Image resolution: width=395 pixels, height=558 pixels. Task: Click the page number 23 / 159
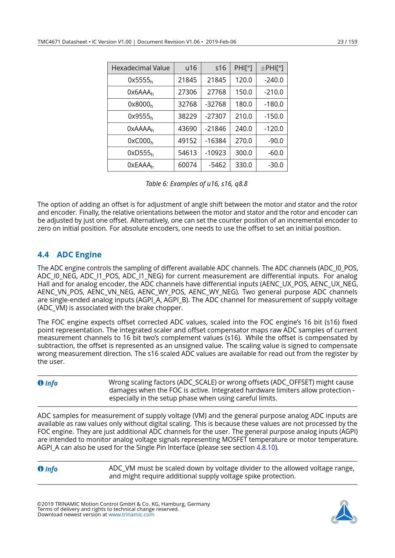tap(347, 42)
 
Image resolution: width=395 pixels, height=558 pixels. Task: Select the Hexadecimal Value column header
tap(140, 68)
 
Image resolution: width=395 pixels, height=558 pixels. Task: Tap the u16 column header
tap(191, 68)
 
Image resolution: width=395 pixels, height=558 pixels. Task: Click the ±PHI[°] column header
tap(272, 68)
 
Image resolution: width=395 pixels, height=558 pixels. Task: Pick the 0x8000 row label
tap(140, 104)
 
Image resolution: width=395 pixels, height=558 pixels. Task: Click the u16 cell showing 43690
tap(187, 129)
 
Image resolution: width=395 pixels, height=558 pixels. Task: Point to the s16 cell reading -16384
tap(216, 141)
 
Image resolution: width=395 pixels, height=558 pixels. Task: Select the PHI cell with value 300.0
tap(243, 153)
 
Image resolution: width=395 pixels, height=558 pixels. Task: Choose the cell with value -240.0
tap(273, 80)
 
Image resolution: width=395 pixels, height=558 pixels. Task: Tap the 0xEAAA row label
tap(140, 165)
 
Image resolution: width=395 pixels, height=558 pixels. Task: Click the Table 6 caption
tap(197, 184)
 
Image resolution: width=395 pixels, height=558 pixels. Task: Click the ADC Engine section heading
tap(79, 255)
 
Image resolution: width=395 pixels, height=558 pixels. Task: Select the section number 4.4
tap(43, 255)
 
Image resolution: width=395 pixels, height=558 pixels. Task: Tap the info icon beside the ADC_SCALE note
tap(40, 383)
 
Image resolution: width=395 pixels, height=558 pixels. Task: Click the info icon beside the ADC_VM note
tap(40, 469)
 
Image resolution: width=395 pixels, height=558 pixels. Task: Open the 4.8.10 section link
tap(266, 448)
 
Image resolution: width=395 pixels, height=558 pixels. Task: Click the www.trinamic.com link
tap(131, 515)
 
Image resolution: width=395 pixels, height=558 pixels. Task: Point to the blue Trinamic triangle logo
tap(344, 512)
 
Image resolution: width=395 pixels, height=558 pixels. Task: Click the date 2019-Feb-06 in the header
tap(221, 42)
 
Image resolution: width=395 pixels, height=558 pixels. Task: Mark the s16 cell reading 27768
tap(216, 92)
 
